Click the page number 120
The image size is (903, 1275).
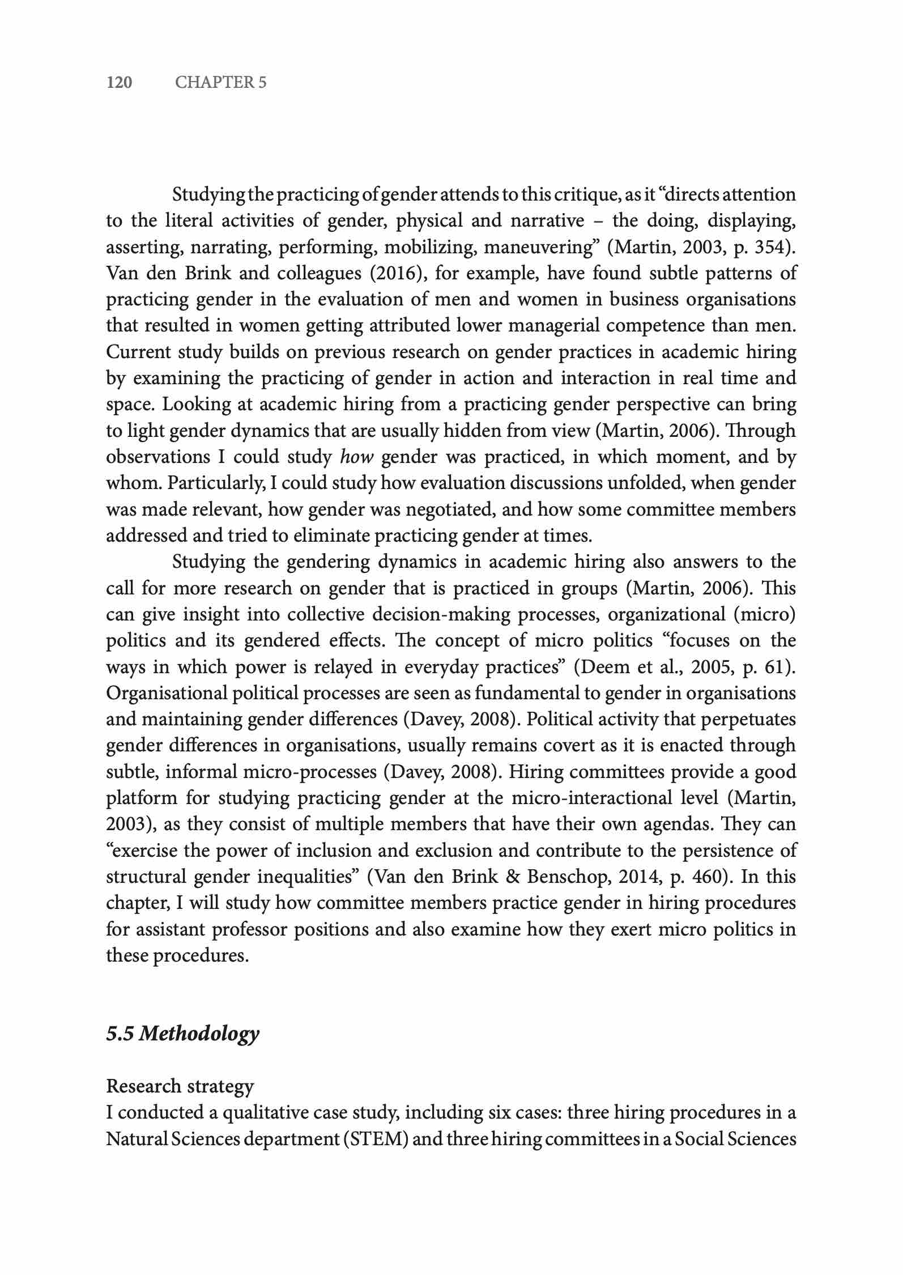(120, 83)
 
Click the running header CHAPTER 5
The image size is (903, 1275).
(220, 83)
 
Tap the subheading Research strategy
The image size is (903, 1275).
(180, 1086)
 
